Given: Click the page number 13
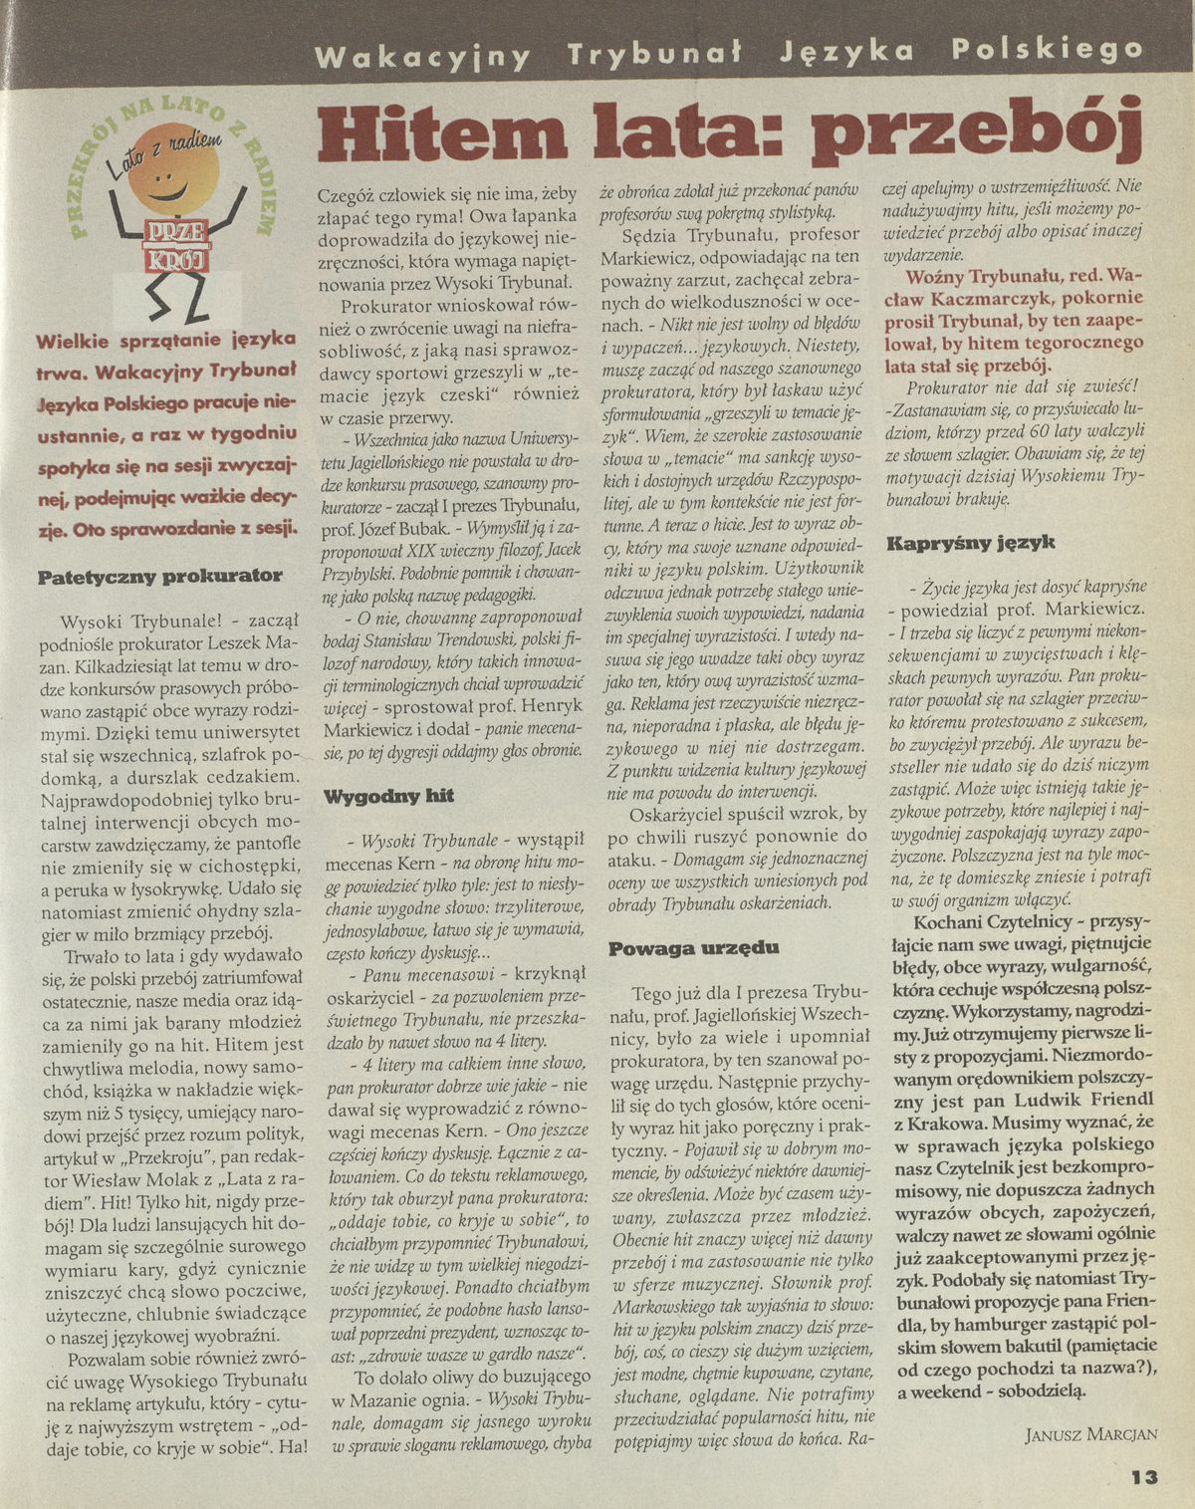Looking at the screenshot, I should (1144, 1476).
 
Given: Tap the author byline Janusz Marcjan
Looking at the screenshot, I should (1090, 1434).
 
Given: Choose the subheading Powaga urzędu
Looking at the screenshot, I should (694, 948).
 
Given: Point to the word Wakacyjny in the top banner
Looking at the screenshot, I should (422, 54).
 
